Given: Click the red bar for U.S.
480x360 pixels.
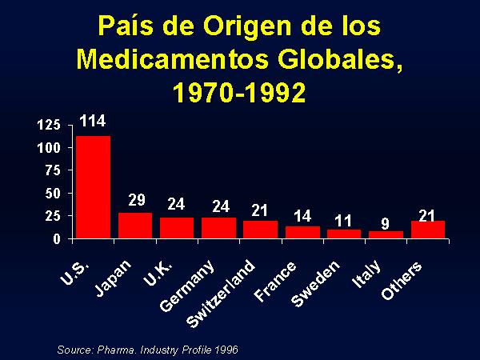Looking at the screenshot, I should [x=93, y=187].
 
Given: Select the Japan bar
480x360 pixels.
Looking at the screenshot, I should [x=135, y=226].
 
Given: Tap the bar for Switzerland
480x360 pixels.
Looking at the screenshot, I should [x=261, y=229].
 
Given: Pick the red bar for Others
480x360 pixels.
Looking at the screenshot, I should [x=428, y=229].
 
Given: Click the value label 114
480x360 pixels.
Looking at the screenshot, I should [x=92, y=122].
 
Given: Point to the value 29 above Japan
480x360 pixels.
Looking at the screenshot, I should [x=136, y=199].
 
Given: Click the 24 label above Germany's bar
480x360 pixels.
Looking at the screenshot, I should [x=221, y=206].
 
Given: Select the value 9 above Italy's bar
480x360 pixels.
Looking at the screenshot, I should [x=386, y=219].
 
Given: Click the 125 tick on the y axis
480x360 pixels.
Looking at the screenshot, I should [x=50, y=125].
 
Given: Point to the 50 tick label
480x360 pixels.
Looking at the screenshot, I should [x=53, y=194].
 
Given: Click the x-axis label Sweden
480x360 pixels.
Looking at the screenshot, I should [x=317, y=283].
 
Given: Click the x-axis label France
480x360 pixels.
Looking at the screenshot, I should [x=277, y=281].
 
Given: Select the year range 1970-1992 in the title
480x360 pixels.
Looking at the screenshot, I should [x=239, y=93].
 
